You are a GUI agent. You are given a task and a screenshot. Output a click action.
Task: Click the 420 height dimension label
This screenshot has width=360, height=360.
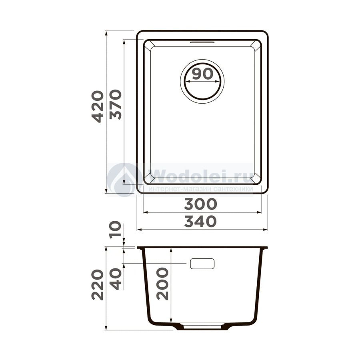coord(98,106)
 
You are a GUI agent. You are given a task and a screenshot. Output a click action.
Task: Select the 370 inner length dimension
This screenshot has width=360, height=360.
coord(116,105)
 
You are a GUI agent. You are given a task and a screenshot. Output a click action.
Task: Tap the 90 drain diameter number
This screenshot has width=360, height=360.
coord(203,74)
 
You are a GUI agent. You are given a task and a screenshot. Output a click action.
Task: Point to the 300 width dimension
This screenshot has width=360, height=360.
coord(200,204)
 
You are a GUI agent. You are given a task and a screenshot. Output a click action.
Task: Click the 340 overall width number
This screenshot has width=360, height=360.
coord(200,221)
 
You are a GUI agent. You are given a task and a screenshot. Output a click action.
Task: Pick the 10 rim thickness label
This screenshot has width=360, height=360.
coord(115,230)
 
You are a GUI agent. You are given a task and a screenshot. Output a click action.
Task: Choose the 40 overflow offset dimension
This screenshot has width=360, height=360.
coord(116,279)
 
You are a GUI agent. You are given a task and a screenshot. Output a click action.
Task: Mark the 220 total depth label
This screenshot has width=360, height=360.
coord(98,285)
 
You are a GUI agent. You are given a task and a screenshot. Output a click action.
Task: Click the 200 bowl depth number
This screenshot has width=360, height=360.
coord(162,284)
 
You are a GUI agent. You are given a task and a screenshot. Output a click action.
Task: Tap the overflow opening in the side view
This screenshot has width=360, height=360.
coord(202,264)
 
